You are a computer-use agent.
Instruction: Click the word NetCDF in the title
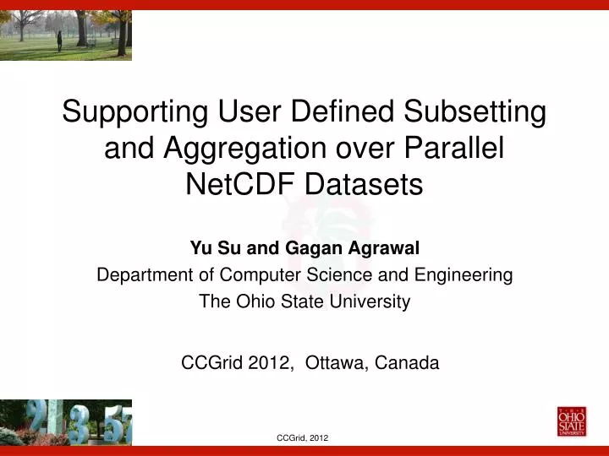(239, 183)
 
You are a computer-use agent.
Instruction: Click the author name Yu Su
(208, 248)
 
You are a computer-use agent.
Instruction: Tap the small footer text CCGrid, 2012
(303, 437)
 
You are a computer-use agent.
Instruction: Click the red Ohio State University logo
(571, 421)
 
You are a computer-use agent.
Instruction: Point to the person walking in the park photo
(60, 38)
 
